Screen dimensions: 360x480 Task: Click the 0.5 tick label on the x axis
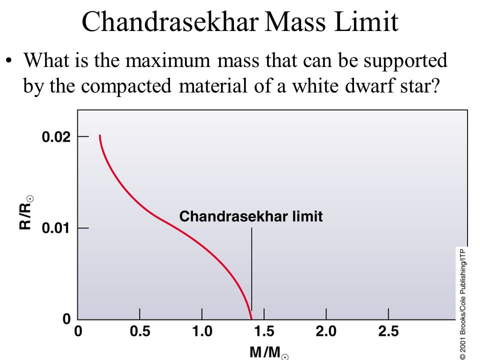pyautogui.click(x=139, y=331)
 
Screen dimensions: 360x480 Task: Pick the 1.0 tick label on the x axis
pyautogui.click(x=202, y=331)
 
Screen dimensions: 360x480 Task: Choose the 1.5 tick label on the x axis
pyautogui.click(x=264, y=331)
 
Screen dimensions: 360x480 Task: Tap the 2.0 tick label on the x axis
pyautogui.click(x=326, y=331)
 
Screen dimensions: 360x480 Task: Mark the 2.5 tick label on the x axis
pyautogui.click(x=388, y=331)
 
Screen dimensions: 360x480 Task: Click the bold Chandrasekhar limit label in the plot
pyautogui.click(x=251, y=216)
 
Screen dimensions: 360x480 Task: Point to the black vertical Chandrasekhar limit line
pyautogui.click(x=251, y=270)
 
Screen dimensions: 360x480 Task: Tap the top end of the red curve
pyautogui.click(x=99, y=136)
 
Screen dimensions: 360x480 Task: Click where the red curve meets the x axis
pyautogui.click(x=251, y=319)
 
